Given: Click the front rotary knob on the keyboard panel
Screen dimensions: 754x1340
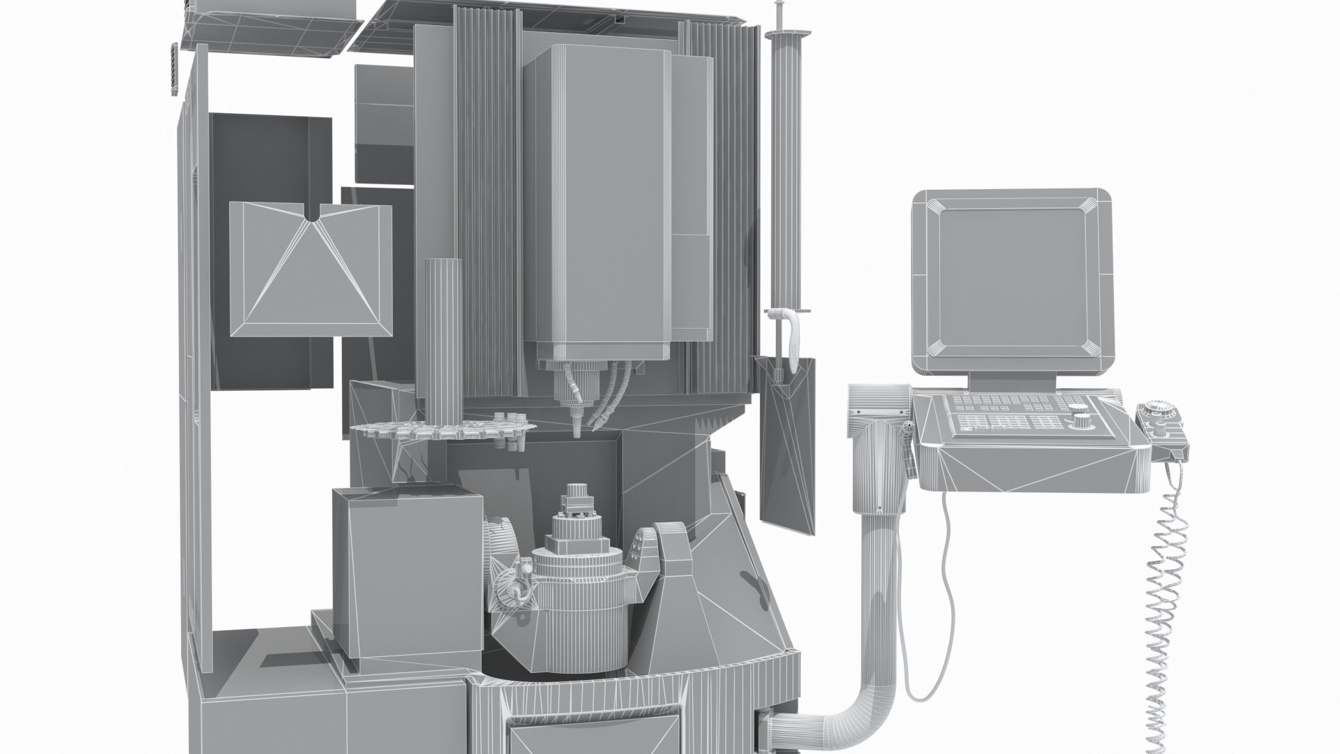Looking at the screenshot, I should (1082, 421).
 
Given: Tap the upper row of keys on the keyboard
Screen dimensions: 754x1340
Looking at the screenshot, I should (1005, 404).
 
